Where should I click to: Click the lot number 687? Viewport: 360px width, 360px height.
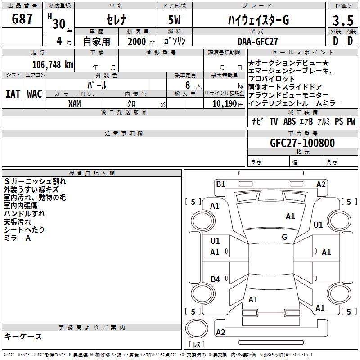[23, 19]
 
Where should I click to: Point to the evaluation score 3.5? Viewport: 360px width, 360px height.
[342, 21]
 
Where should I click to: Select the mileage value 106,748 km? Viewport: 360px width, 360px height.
[53, 64]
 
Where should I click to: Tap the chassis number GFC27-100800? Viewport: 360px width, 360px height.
[302, 143]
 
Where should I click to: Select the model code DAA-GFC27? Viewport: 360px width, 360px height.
[257, 41]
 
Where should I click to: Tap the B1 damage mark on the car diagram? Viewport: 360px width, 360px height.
[220, 184]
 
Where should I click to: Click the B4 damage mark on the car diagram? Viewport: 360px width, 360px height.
[215, 279]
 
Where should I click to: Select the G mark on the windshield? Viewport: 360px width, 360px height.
[284, 237]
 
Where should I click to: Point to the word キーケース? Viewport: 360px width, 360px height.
[23, 336]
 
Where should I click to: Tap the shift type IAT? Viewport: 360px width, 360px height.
[13, 94]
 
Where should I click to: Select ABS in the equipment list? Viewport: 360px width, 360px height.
[289, 121]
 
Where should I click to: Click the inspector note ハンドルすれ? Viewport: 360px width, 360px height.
[24, 213]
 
